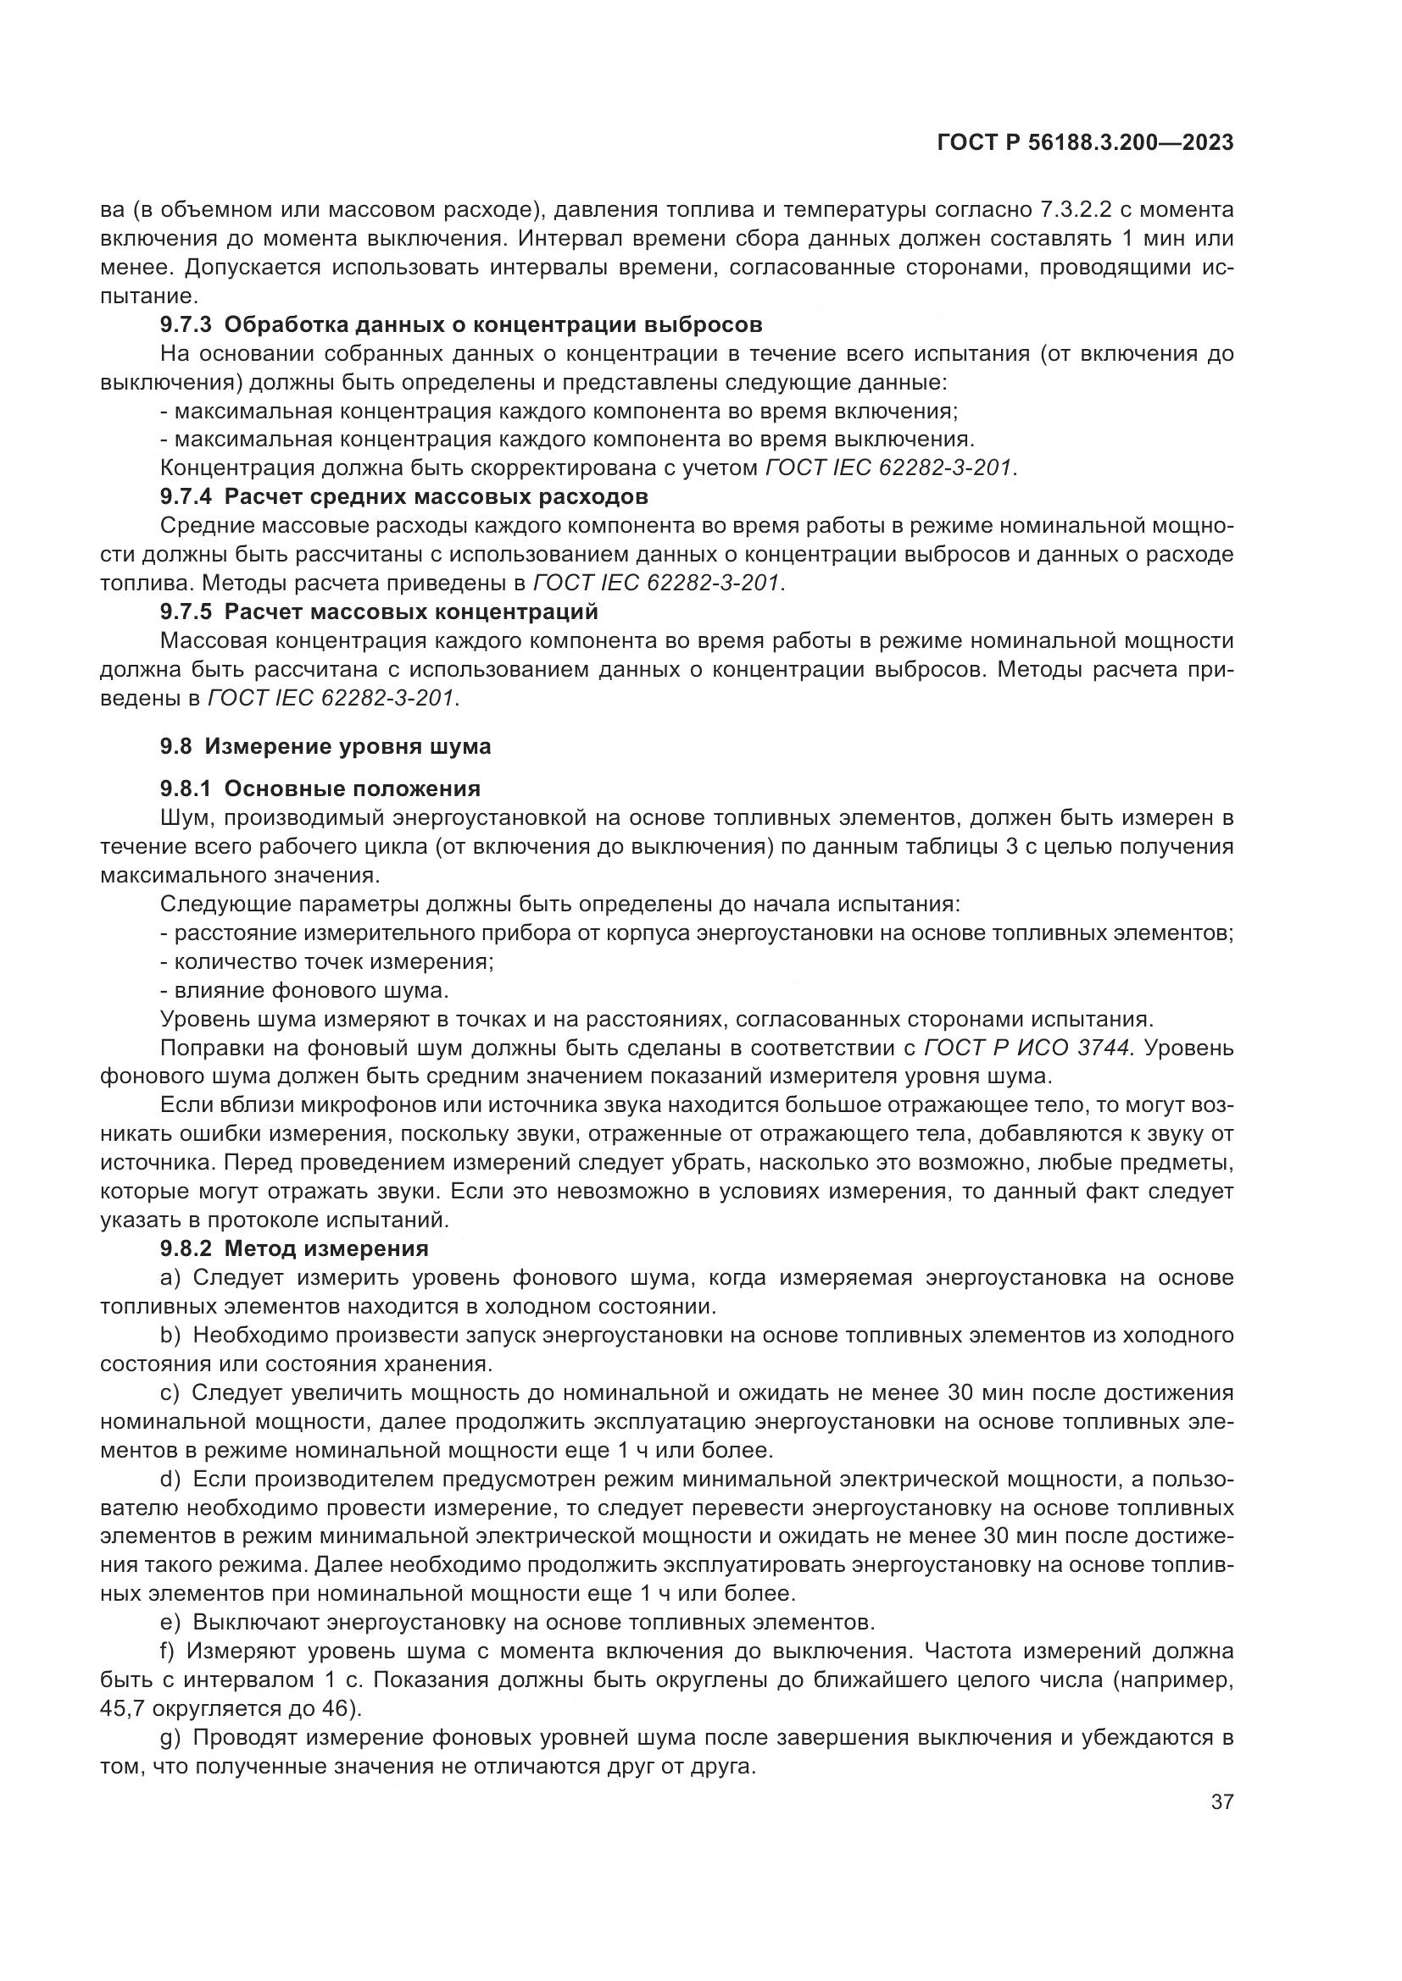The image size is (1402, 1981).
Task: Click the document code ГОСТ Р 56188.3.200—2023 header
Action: pos(1084,143)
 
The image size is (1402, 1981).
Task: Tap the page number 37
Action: pos(1221,1802)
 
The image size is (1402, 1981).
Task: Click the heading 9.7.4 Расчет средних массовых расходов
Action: pos(403,497)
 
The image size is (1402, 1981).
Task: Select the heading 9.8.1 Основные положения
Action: pos(320,789)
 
